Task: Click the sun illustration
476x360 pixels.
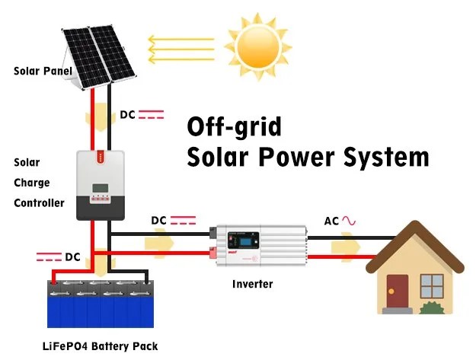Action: point(258,46)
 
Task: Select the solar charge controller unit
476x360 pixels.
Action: point(101,185)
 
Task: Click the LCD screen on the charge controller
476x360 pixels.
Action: point(101,188)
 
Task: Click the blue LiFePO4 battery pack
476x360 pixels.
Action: point(101,304)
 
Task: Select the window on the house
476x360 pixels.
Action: point(432,285)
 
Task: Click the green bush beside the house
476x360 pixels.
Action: point(432,307)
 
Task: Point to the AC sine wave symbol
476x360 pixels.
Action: point(349,221)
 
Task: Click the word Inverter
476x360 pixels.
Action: point(253,284)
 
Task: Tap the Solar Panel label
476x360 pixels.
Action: point(43,71)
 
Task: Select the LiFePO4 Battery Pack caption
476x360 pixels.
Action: point(101,346)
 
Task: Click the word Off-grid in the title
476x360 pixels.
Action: point(234,127)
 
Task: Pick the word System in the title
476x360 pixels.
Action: point(386,157)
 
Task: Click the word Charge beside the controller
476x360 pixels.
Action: point(31,183)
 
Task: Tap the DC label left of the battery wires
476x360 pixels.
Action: point(72,257)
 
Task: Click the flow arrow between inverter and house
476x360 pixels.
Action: point(346,247)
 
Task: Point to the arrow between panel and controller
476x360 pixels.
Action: point(101,117)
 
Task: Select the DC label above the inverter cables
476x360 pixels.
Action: point(158,221)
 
